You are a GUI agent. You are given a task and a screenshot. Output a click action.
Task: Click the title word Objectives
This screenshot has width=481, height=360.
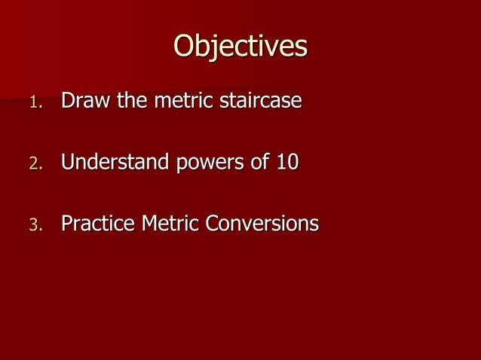pos(240,47)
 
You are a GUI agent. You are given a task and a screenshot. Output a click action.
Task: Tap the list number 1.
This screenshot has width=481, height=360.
pos(35,102)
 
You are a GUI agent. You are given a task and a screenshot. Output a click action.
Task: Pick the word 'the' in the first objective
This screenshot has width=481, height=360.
pos(132,101)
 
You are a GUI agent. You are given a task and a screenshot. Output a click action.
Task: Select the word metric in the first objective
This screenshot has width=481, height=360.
pos(184,101)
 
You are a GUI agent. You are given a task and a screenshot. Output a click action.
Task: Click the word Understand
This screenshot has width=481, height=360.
pos(115,163)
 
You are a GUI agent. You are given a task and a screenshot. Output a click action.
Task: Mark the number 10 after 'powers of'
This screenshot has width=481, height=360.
pos(287,163)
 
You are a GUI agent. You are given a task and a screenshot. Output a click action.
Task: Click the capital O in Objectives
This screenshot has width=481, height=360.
pos(185,47)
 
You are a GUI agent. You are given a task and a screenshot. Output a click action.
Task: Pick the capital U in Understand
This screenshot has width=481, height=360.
pos(69,163)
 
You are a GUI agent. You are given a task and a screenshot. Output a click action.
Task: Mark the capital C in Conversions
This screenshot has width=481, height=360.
pos(214,224)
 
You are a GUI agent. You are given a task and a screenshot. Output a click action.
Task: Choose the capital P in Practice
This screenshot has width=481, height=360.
pos(67,224)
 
